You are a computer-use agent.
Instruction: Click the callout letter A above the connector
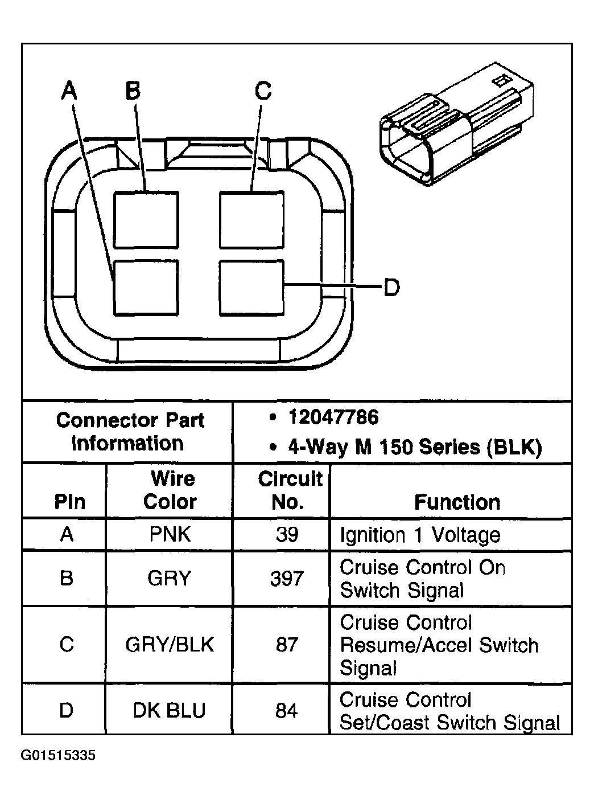pos(69,91)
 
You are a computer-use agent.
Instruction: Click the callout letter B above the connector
pos(133,91)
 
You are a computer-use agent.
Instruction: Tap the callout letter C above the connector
pos(263,91)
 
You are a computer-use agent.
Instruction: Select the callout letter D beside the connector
pos(391,288)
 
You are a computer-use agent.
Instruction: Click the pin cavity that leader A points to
pos(146,288)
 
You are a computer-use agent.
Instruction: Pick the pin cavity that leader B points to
pos(146,220)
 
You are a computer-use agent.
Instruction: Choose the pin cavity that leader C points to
pos(251,220)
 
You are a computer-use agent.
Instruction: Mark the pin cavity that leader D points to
pos(251,288)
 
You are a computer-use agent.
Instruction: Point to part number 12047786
pos(333,417)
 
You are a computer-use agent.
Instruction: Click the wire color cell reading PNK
pos(170,534)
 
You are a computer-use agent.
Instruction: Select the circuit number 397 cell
pos(286,579)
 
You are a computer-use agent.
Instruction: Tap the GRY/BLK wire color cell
pos(170,645)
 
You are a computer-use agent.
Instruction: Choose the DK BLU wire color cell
pos(170,711)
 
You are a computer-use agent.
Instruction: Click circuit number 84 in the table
pos(286,711)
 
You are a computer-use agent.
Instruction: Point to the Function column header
pos(457,502)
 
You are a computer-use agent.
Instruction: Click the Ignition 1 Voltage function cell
pos(420,535)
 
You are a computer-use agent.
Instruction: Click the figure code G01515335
pos(58,756)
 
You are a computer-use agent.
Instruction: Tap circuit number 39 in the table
pos(286,534)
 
